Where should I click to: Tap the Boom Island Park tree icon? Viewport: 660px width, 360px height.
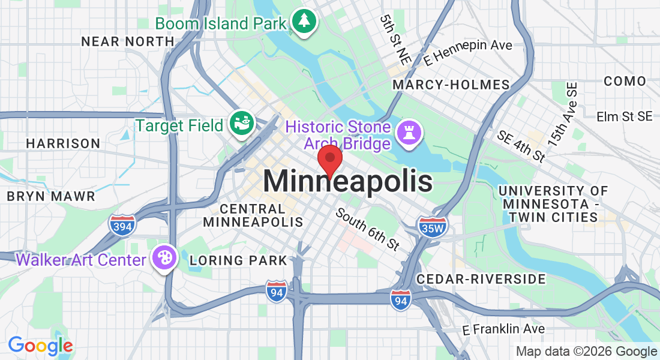tap(305, 22)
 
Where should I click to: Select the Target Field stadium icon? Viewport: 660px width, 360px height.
tap(242, 124)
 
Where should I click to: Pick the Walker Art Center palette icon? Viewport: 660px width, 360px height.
tap(163, 258)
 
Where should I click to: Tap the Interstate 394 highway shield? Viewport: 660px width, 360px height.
tap(122, 224)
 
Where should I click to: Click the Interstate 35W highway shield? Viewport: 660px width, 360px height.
tap(433, 227)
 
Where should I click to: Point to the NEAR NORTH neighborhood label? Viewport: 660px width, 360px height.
tap(128, 41)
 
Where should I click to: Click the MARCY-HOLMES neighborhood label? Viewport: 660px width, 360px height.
tap(451, 85)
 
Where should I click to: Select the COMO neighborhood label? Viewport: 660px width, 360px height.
tap(625, 81)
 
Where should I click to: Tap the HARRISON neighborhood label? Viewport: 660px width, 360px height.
tap(63, 143)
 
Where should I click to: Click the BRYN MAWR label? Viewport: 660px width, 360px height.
tap(51, 196)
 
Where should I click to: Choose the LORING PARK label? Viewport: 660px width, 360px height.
tap(238, 260)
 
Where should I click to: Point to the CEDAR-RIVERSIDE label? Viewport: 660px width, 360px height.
tap(481, 279)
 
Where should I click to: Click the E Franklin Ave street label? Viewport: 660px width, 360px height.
tap(503, 329)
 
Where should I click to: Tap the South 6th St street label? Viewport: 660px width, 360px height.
tap(367, 229)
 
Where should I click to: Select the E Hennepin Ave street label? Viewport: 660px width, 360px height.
tap(467, 53)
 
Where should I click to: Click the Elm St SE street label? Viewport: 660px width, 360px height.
tap(625, 116)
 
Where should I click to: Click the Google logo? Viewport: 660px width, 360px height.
tap(40, 346)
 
